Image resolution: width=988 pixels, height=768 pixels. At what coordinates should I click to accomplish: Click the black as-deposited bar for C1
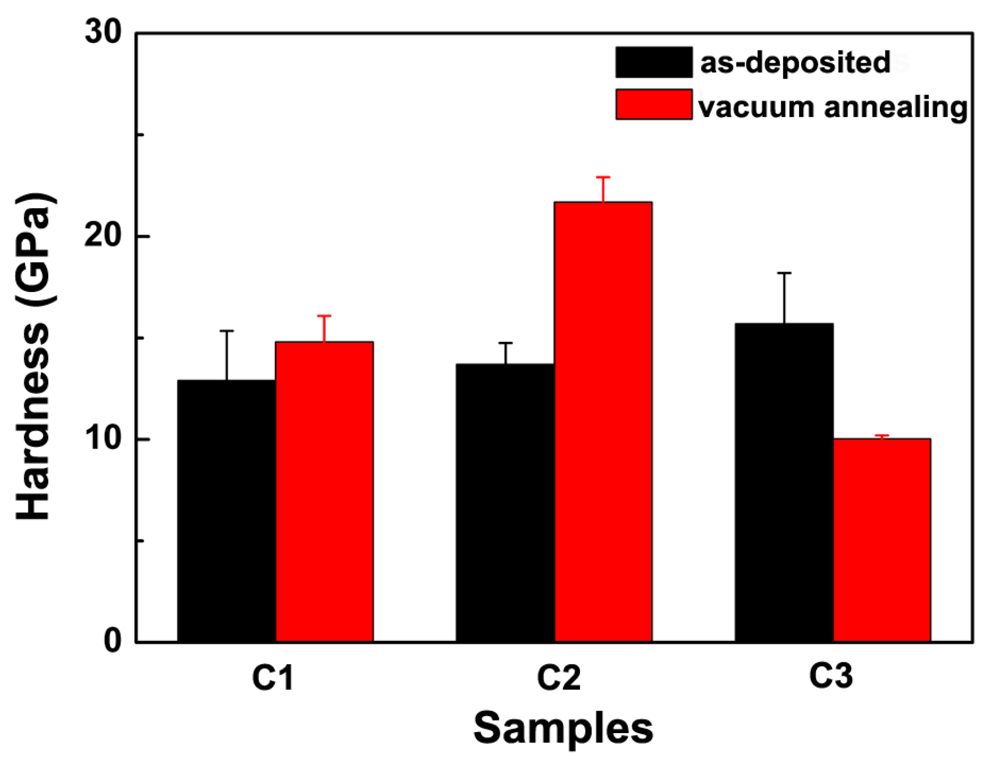227,511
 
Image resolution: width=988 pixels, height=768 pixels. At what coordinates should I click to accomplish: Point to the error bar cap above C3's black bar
784,273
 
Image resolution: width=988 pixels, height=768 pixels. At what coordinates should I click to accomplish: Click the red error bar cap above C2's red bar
603,177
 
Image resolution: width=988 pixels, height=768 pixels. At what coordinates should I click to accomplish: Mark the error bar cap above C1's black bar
227,331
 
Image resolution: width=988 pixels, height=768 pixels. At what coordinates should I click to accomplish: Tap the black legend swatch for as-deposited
654,62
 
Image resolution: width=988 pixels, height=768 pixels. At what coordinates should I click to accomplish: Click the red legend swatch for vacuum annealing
654,105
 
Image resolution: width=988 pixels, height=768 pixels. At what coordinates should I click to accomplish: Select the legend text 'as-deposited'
795,63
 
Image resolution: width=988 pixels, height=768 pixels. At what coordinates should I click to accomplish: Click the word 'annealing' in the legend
895,107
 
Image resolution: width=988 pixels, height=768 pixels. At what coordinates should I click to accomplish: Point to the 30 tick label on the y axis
103,33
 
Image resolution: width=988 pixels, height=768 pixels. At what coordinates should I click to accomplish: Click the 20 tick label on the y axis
103,235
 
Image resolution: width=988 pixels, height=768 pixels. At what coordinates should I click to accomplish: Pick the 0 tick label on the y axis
113,641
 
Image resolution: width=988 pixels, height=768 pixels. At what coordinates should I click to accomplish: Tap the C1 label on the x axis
273,678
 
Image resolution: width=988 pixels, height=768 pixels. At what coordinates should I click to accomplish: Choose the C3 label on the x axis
831,676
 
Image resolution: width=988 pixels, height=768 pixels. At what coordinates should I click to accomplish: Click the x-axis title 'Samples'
563,728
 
